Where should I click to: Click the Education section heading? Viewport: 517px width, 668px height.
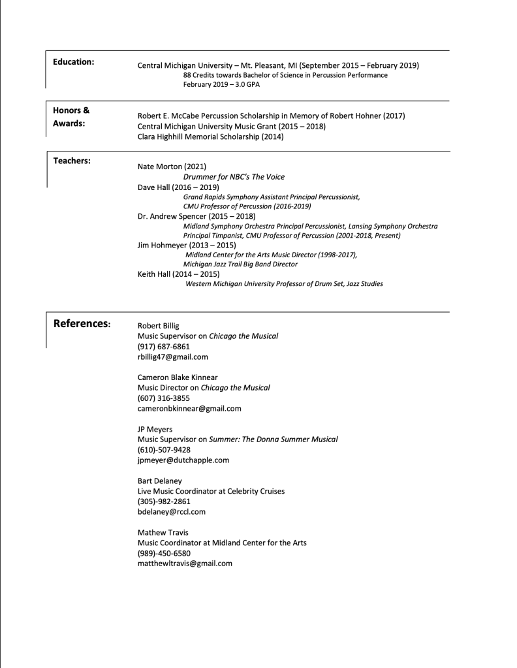(x=73, y=62)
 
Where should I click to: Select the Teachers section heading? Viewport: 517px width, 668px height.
(x=72, y=161)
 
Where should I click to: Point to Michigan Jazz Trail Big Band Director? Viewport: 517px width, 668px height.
(x=240, y=264)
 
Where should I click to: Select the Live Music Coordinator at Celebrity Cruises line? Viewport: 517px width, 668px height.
(x=211, y=491)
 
